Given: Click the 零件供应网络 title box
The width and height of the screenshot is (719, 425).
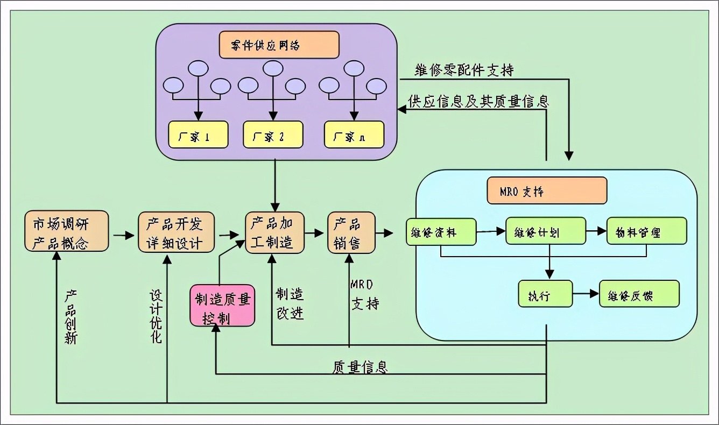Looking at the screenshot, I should point(279,45).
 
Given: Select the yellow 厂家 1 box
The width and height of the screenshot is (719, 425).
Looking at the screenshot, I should point(198,134).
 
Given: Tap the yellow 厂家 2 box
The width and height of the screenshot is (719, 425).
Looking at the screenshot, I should point(273,134).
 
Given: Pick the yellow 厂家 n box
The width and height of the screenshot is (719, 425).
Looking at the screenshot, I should point(354,134).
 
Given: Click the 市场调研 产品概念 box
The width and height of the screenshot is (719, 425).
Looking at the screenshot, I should point(67,231).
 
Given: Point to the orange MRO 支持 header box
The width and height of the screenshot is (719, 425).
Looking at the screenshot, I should point(547,191).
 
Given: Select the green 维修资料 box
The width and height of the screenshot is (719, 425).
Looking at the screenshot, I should point(441,231).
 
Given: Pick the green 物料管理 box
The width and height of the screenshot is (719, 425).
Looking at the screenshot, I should point(646,231).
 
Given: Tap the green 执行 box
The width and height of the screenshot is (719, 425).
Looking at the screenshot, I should point(545,294).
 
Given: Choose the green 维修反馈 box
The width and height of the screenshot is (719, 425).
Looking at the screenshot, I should point(639,294).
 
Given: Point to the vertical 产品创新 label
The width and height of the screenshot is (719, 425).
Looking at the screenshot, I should point(71,317).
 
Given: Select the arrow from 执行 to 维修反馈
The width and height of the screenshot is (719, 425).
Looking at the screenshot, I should point(586,294).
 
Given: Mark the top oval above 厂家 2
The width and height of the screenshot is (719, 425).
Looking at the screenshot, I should point(273,68).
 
